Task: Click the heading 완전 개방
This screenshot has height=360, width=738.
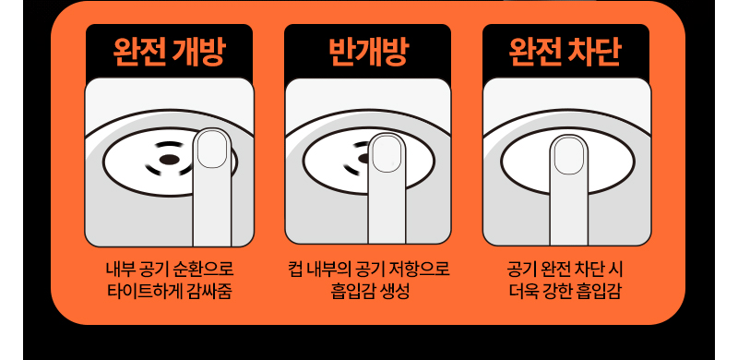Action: (169, 52)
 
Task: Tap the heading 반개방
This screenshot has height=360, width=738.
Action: (368, 52)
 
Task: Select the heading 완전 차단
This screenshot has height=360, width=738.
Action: (565, 52)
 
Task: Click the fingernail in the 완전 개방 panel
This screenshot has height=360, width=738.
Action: (212, 150)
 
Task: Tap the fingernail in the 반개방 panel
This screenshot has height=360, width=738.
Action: (387, 154)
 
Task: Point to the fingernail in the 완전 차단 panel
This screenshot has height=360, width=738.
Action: (569, 156)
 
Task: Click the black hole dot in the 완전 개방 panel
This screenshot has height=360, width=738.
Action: (169, 160)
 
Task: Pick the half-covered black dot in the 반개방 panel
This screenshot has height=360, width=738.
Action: (363, 159)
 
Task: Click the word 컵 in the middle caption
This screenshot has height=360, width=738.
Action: (294, 270)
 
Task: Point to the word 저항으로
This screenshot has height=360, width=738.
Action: (420, 270)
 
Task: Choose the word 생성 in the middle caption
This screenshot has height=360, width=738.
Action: (394, 292)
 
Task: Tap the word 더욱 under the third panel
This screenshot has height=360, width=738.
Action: (523, 292)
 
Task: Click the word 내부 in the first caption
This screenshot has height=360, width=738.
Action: (121, 270)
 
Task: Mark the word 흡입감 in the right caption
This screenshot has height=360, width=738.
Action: (598, 292)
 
